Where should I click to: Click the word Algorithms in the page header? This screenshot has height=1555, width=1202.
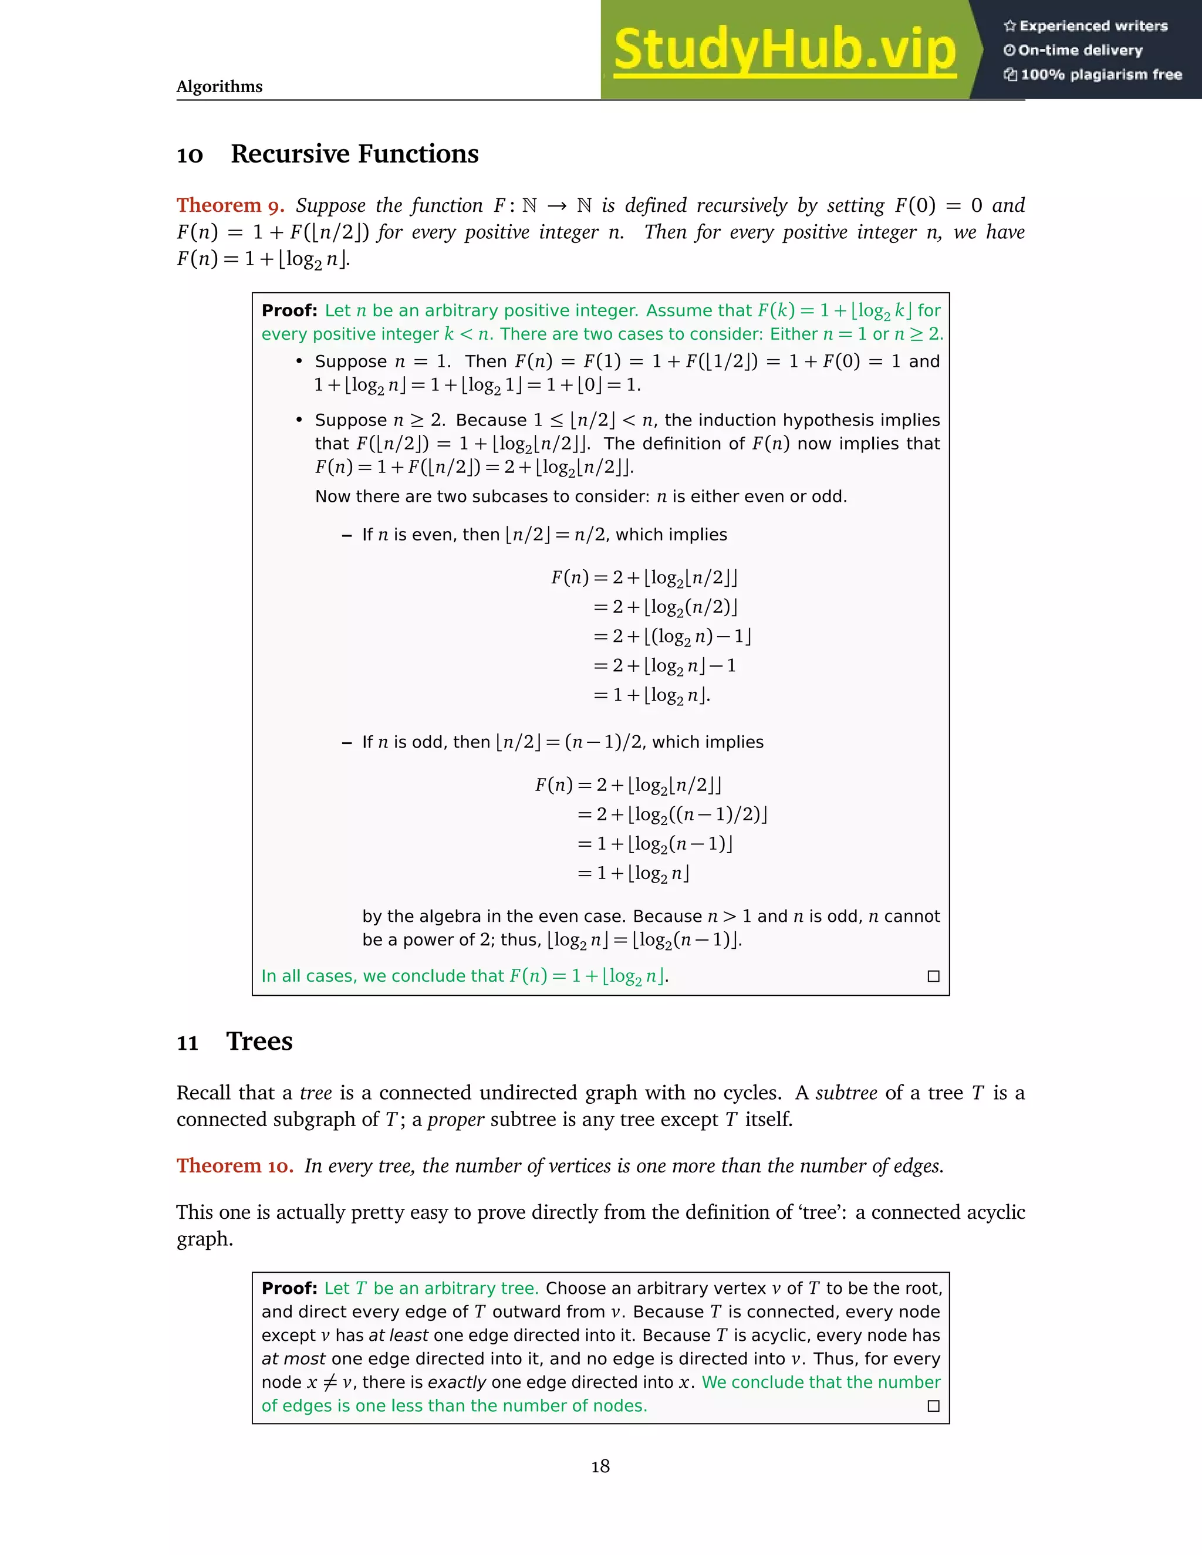(x=220, y=87)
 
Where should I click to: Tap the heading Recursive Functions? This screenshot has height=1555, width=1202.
(x=354, y=154)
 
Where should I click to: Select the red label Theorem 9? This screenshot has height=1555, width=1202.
(x=230, y=206)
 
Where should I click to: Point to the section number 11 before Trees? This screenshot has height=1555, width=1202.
(x=187, y=1044)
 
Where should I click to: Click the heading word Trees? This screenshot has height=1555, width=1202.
(x=259, y=1042)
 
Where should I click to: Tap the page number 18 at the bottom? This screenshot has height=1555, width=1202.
(x=600, y=1466)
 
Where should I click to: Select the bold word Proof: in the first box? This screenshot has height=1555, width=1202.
(x=289, y=310)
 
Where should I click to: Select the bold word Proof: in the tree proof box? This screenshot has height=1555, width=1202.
(x=289, y=1288)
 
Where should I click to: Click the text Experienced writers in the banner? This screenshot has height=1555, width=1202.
(x=1093, y=26)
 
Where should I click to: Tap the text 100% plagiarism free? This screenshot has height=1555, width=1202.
(x=1101, y=75)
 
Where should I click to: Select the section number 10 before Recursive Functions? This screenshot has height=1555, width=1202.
(x=190, y=155)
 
